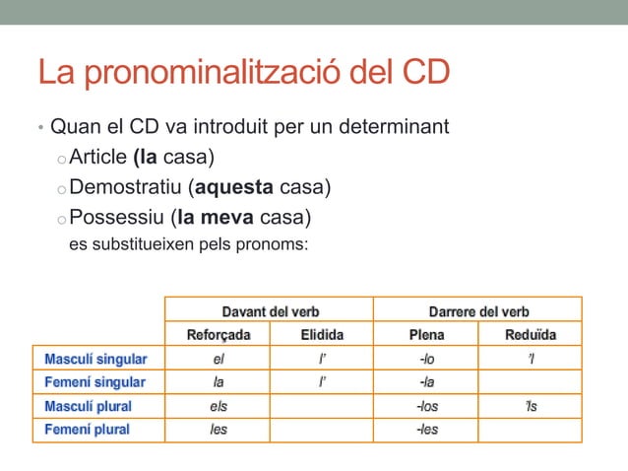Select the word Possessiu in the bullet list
(x=117, y=217)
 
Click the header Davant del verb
(x=268, y=311)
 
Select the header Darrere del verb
(x=478, y=311)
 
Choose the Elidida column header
(x=321, y=335)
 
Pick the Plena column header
(x=426, y=335)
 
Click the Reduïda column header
(x=531, y=335)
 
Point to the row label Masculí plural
(x=89, y=406)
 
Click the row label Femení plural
(x=88, y=430)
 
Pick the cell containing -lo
(x=426, y=359)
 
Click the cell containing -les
(x=426, y=430)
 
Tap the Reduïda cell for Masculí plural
(x=531, y=406)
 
